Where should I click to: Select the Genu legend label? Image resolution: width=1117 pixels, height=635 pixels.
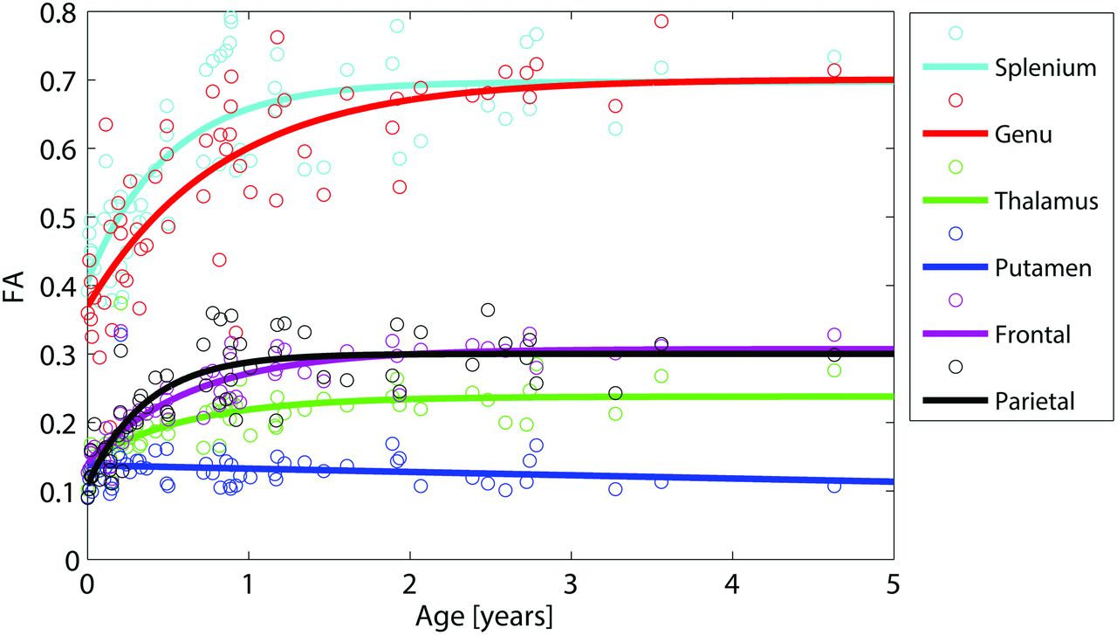[1023, 135]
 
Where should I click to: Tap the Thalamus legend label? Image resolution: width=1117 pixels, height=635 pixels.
[1045, 201]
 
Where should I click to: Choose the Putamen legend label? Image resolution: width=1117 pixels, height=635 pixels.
[1043, 267]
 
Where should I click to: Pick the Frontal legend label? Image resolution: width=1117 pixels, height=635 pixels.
[1031, 335]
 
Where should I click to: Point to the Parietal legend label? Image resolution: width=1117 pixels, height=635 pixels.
[1034, 402]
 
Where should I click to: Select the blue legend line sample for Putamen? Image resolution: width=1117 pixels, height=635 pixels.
[955, 267]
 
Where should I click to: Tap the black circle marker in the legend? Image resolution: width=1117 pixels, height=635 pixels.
[955, 366]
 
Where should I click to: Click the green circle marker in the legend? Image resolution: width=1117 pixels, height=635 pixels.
[955, 167]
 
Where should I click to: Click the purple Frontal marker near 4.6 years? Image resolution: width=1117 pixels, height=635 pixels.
[834, 335]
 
